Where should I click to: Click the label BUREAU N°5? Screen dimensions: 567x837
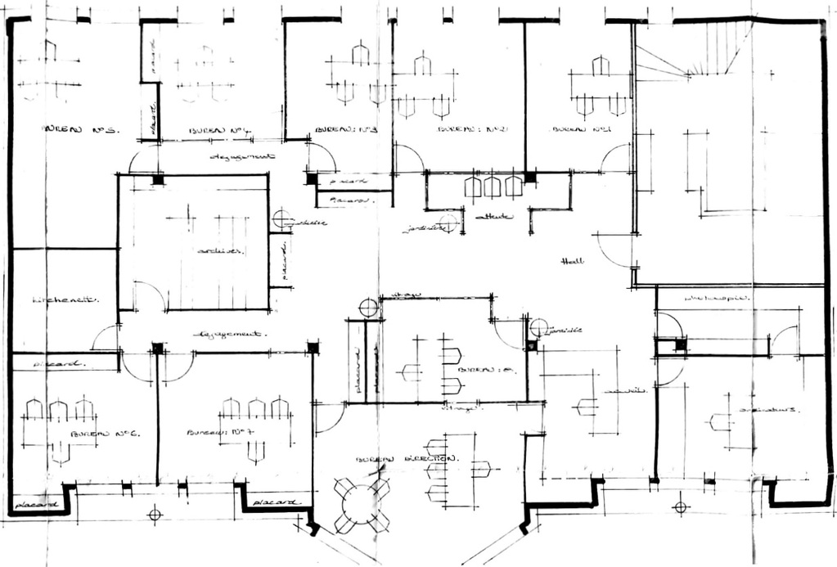tap(80, 129)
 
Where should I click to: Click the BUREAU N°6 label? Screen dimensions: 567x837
tap(106, 433)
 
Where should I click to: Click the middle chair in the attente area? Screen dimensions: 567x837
tap(492, 187)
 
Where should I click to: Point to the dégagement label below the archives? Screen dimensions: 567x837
tap(232, 335)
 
